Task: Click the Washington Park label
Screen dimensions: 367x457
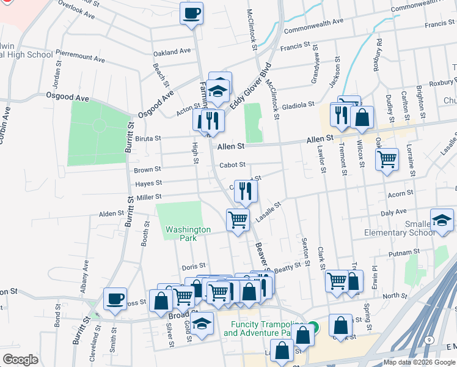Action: point(188,234)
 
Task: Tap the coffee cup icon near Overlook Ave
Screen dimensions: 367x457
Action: point(191,13)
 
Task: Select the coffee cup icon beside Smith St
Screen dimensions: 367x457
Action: point(115,298)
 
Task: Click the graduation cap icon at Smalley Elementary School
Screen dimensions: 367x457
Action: point(442,220)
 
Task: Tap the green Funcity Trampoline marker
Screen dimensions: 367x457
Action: point(313,326)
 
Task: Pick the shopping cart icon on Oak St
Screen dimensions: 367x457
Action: point(387,159)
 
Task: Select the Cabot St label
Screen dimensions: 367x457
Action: point(232,165)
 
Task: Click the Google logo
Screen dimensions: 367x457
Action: point(20,360)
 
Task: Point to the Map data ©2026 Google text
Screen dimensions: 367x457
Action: point(419,362)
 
